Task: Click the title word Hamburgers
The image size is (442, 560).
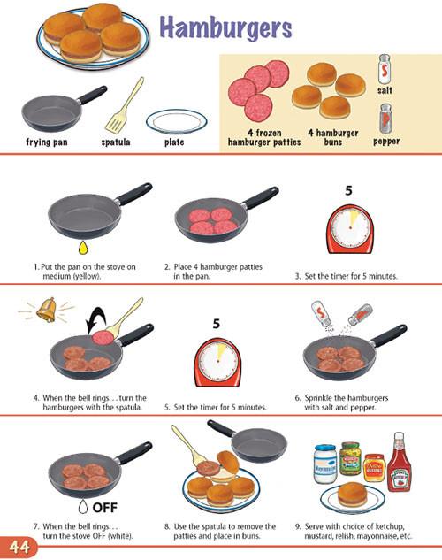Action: coord(225,28)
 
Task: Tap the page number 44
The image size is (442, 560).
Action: coord(19,547)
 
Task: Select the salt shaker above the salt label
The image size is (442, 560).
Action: coord(385,69)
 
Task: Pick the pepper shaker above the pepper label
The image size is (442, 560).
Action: coord(385,119)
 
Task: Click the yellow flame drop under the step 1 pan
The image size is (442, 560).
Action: coord(83,248)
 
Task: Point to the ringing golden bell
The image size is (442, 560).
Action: coord(47,311)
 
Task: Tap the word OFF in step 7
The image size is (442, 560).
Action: coord(105,507)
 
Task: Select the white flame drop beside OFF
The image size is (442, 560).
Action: coord(83,506)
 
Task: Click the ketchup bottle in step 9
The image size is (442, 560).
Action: coord(400,462)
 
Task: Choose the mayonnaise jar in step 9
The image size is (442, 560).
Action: coord(325,464)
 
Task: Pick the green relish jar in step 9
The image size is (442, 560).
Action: coord(350,458)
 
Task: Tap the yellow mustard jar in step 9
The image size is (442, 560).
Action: coord(374,468)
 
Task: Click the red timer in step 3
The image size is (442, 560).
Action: coord(349,229)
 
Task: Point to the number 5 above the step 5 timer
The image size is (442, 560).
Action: coord(217,324)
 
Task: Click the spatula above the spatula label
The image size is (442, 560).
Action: coord(125,104)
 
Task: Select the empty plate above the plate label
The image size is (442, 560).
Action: coord(176,121)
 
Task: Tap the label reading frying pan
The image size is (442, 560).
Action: coord(47,142)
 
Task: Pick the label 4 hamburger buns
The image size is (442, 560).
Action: coord(333,137)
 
